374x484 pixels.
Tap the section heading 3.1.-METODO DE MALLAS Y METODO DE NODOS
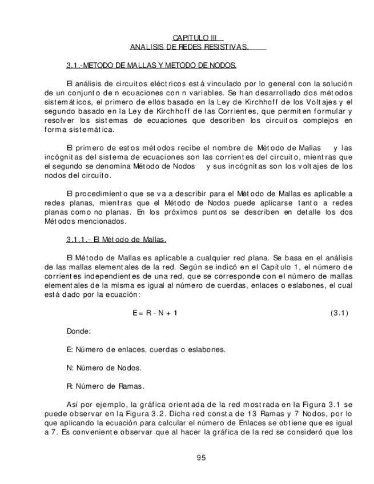tap(151, 66)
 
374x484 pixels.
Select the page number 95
tap(201, 457)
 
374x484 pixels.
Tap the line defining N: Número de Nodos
tap(104, 368)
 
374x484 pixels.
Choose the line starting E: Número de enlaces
tap(146, 349)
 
